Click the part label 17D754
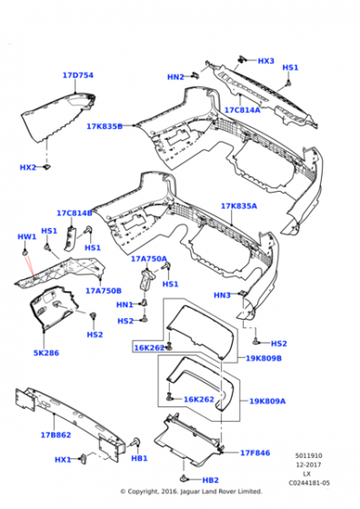(x=77, y=75)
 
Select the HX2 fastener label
(x=28, y=167)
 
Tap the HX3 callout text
(x=265, y=61)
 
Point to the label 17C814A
(x=243, y=110)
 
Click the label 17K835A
(x=239, y=206)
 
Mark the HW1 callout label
(x=26, y=237)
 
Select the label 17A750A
(x=148, y=259)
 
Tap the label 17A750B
(x=103, y=291)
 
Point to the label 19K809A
(x=267, y=400)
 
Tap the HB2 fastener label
(x=210, y=480)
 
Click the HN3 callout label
(x=222, y=294)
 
